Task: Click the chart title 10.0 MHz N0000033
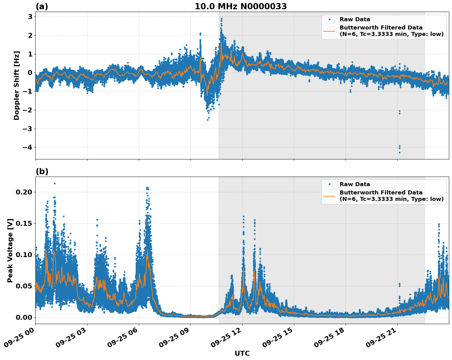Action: (240, 6)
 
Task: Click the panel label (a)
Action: (42, 6)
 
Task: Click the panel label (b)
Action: (42, 171)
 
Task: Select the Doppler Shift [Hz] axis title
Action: (17, 85)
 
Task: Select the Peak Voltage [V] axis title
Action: (10, 250)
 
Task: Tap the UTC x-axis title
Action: (242, 353)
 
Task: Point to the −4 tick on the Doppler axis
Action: (27, 147)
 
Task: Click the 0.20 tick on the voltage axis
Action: (24, 192)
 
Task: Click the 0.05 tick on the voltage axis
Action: (24, 286)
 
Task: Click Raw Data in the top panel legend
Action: (355, 20)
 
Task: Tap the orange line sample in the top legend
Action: (329, 31)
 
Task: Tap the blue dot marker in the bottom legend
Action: (329, 184)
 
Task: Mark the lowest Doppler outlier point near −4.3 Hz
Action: (399, 152)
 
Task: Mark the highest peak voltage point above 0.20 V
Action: (55, 183)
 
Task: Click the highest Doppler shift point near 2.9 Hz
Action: (221, 18)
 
